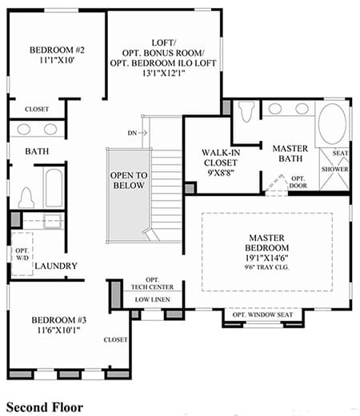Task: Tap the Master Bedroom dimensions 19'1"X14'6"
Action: pyautogui.click(x=266, y=258)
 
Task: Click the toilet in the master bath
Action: pyautogui.click(x=246, y=111)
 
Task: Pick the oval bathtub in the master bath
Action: pyautogui.click(x=332, y=124)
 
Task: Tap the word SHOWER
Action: pyautogui.click(x=334, y=169)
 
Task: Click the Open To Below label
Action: pyautogui.click(x=129, y=180)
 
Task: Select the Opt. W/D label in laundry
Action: pyautogui.click(x=22, y=254)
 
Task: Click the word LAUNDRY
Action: pyautogui.click(x=56, y=266)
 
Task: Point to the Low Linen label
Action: pyautogui.click(x=152, y=299)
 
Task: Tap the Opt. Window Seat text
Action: pyautogui.click(x=262, y=314)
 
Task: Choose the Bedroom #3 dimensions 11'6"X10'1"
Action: pyautogui.click(x=58, y=330)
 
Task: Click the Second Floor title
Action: pyautogui.click(x=45, y=407)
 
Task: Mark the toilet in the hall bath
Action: pyautogui.click(x=26, y=198)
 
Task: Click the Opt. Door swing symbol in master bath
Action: pyautogui.click(x=276, y=182)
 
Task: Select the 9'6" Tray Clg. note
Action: pyautogui.click(x=266, y=267)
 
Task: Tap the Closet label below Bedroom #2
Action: pyautogui.click(x=37, y=109)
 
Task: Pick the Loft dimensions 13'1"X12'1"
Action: pyautogui.click(x=163, y=73)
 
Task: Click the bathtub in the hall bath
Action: pyautogui.click(x=54, y=188)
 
